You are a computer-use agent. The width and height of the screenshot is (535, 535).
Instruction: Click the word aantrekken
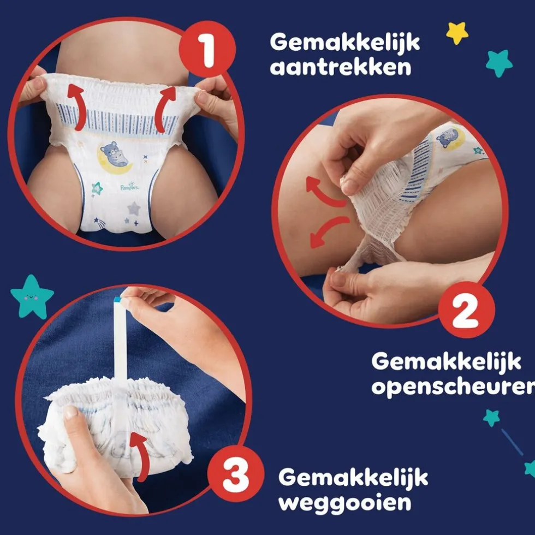(x=341, y=68)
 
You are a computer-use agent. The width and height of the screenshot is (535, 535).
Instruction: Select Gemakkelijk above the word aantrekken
(x=345, y=42)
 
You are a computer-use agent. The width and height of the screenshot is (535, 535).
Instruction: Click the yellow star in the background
(x=457, y=33)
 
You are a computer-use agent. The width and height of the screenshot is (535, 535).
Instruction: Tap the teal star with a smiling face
(x=32, y=296)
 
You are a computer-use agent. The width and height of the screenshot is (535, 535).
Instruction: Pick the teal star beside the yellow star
(x=499, y=63)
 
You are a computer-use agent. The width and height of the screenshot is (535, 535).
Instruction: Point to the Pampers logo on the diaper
(x=129, y=187)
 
